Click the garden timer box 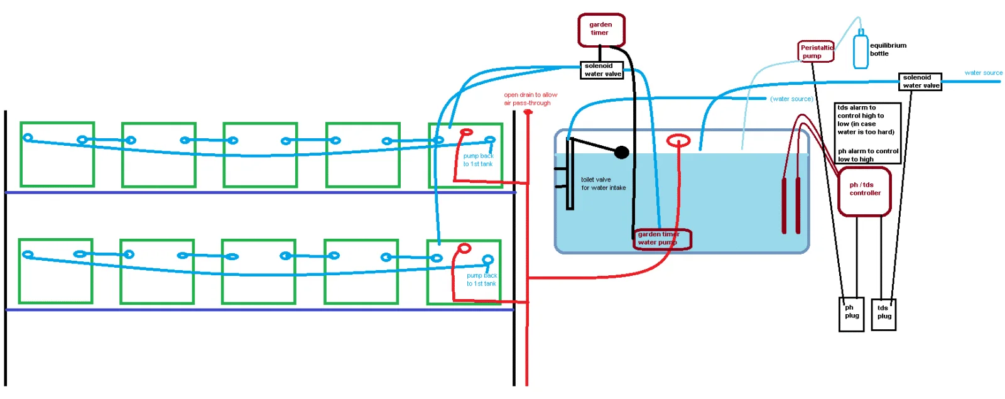pos(601,30)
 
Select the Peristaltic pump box pos(816,51)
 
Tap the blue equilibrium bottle pos(861,50)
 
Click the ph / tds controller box pos(864,191)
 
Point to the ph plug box pos(852,315)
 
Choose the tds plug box pos(883,315)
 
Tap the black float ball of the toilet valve pos(621,153)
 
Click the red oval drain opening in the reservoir pos(678,141)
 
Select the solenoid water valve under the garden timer pos(602,70)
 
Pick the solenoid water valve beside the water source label pos(920,82)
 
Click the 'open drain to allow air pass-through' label pos(530,99)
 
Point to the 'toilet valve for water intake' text pos(604,183)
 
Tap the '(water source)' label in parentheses pos(791,99)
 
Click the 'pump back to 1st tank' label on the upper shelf pos(478,160)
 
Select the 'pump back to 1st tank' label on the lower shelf pos(481,280)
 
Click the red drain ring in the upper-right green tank pos(467,133)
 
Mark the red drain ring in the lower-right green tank pos(464,248)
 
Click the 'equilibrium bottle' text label pos(888,50)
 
